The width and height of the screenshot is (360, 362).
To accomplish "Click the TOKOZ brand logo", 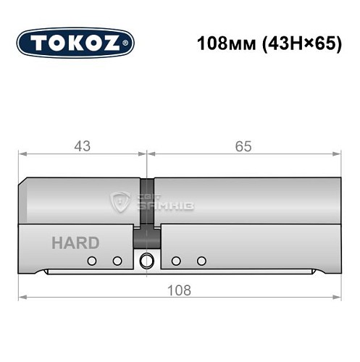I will (x=75, y=43).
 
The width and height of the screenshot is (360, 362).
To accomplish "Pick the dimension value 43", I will (x=82, y=146).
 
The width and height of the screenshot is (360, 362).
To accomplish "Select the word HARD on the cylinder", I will (x=75, y=243).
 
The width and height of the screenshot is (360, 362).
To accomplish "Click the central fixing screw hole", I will (x=147, y=261).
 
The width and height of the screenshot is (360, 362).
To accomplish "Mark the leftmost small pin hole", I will (x=92, y=261).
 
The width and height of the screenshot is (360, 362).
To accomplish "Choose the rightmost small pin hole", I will (x=202, y=261).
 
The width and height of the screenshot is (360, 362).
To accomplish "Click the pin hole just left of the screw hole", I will (x=117, y=261).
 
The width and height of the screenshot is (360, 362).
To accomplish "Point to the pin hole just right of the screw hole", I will (x=176, y=261).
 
